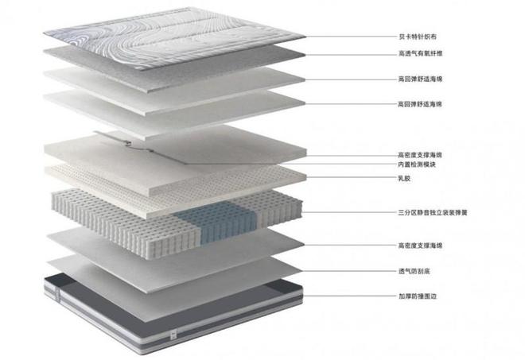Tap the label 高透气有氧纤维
[x=420, y=53]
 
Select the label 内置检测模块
[x=417, y=165]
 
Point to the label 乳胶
[x=404, y=178]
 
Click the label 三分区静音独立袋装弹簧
[x=432, y=212]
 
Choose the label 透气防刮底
[x=414, y=271]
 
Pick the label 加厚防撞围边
[x=417, y=296]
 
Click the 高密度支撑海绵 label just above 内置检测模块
[x=420, y=155]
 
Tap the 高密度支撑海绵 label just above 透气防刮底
[x=420, y=246]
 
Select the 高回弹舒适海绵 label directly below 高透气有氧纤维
[x=420, y=79]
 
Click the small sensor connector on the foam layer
[x=127, y=144]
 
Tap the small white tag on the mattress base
[x=173, y=335]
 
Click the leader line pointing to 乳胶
[x=352, y=177]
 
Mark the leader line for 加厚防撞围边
[x=350, y=296]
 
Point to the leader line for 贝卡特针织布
[x=352, y=37]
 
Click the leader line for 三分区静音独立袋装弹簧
[x=349, y=212]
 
